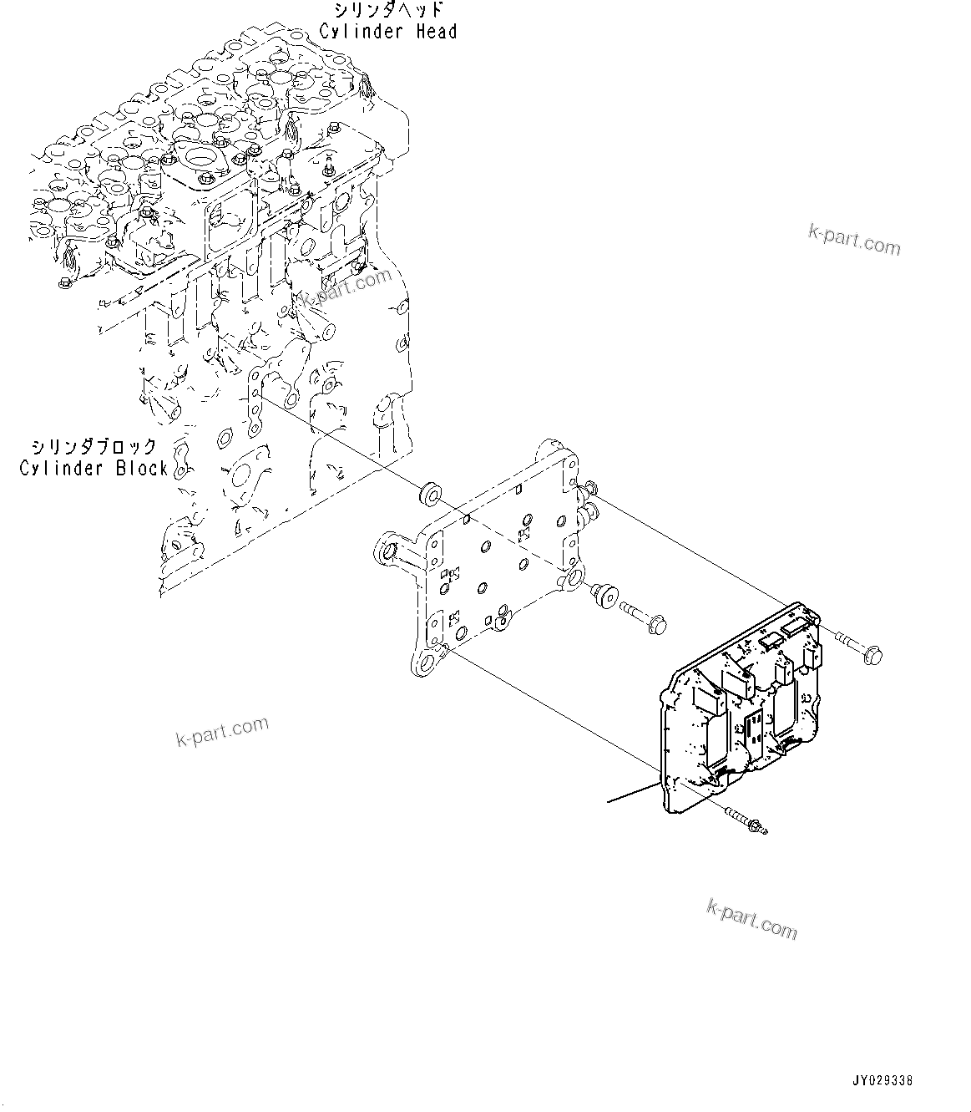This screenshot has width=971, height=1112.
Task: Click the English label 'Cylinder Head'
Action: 388,32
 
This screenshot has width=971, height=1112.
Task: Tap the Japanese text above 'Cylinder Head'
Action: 388,11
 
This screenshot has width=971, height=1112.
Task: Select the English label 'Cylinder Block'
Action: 94,468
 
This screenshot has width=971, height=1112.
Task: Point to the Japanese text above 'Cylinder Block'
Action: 94,446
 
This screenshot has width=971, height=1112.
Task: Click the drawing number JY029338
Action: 883,1080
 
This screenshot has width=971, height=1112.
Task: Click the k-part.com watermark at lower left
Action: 222,732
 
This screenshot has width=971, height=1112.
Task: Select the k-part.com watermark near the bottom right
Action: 751,917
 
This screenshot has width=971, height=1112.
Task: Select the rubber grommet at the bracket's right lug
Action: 603,597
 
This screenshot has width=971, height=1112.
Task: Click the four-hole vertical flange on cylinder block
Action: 252,404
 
